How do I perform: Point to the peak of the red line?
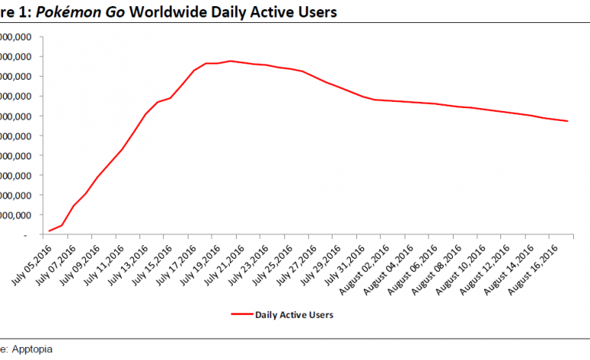(231, 61)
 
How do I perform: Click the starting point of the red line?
(50, 231)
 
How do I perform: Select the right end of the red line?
(567, 121)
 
